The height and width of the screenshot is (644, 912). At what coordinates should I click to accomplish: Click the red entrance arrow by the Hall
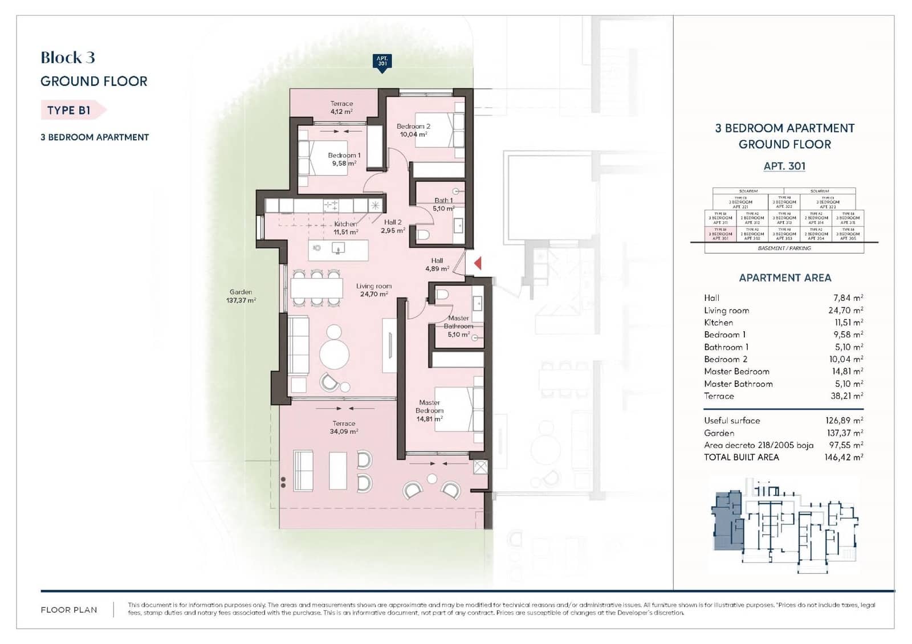pos(478,263)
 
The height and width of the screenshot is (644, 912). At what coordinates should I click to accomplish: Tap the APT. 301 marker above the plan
pos(382,62)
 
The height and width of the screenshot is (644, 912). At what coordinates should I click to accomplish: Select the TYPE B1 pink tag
pos(70,110)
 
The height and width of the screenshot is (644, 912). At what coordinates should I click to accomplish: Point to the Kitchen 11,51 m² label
pos(345,228)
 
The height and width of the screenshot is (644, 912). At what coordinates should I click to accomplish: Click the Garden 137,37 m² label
pos(241,296)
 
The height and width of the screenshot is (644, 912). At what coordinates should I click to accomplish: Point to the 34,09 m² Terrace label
pos(344,427)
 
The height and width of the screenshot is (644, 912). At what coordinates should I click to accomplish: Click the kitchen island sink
pos(339,248)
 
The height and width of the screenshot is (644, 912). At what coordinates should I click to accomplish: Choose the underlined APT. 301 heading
pos(784,166)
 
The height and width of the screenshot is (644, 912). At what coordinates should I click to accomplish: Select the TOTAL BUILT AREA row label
pos(741,457)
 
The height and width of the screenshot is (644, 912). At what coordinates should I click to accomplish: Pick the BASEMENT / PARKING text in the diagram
pos(784,248)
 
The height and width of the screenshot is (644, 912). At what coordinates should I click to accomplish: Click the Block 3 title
pos(68,58)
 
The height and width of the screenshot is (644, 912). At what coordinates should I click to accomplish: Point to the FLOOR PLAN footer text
pos(69,610)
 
